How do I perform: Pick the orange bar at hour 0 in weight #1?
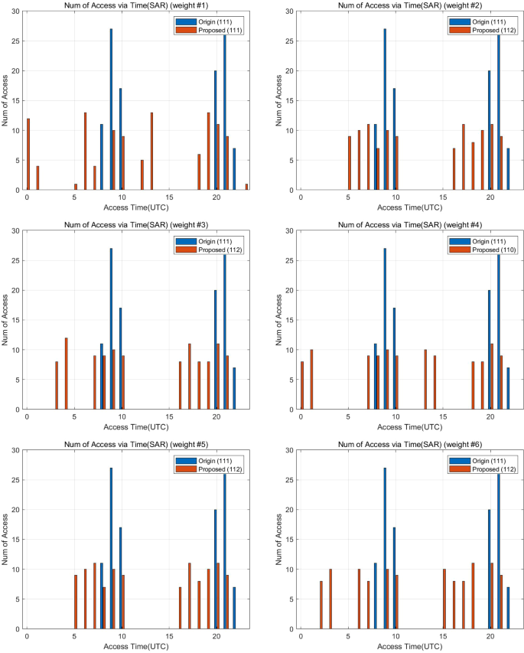[28, 154]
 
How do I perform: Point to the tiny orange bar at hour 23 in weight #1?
[246, 187]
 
